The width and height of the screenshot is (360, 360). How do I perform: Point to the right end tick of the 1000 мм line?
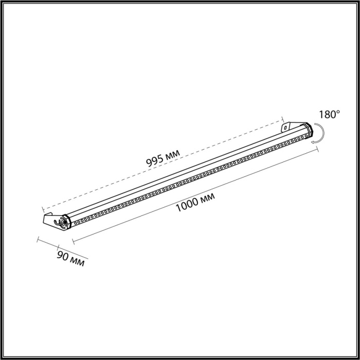point(317,149)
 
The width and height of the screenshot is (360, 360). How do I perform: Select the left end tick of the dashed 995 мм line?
point(43,210)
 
